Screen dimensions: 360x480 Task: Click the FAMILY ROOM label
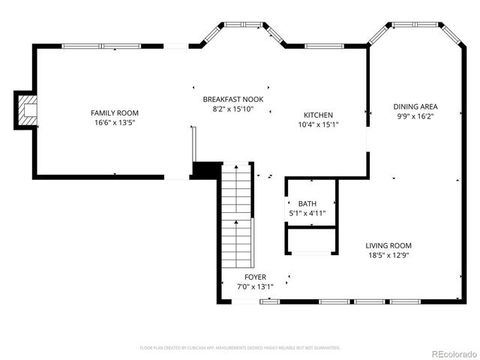click(115, 113)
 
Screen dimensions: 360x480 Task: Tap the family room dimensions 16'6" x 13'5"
click(115, 122)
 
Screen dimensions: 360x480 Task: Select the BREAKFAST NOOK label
click(233, 99)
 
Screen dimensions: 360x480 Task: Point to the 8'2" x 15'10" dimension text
click(233, 109)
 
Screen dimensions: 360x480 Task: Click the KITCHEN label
click(318, 115)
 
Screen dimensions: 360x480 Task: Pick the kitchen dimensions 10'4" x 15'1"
click(318, 124)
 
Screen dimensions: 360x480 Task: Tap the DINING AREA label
click(415, 106)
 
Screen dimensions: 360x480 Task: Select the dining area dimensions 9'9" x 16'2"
click(415, 116)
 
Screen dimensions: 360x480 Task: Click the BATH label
click(307, 204)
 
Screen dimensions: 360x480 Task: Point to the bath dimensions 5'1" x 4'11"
click(307, 214)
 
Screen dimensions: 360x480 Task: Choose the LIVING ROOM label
click(388, 245)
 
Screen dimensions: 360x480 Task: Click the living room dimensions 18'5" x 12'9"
click(388, 255)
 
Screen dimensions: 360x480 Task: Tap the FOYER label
click(254, 277)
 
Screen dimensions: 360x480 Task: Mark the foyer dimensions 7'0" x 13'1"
click(254, 286)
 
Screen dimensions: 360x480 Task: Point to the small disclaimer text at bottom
click(240, 347)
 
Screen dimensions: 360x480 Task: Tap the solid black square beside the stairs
click(205, 170)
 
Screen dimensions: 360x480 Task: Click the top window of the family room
click(100, 46)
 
